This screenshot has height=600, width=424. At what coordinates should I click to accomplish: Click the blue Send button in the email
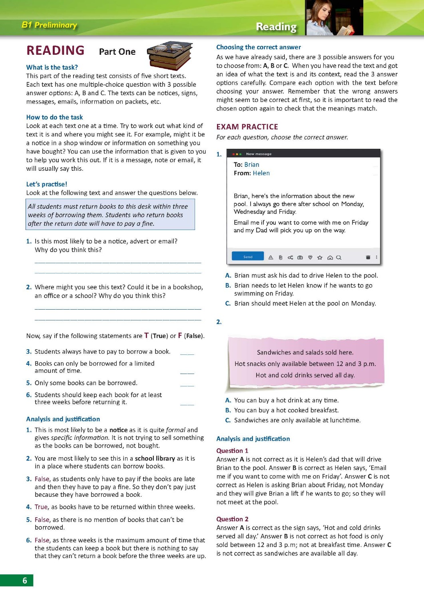248,256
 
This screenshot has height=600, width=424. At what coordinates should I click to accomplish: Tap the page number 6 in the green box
25,580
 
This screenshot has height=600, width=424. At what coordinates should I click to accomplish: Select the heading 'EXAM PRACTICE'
247,127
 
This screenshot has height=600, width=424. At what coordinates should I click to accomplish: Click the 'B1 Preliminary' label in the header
49,25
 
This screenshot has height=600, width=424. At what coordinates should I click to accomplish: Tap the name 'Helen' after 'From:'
261,173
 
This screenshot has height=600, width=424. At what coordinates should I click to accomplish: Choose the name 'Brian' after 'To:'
252,165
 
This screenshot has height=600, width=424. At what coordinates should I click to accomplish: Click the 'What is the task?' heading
52,67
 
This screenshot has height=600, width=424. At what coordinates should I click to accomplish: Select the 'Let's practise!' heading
47,184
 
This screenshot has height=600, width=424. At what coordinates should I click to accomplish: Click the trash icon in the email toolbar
368,257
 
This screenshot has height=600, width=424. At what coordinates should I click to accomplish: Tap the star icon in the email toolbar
320,258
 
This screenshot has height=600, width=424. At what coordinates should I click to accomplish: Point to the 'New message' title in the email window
259,154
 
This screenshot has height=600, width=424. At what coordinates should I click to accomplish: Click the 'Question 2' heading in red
232,519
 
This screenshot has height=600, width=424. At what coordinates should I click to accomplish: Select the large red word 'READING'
56,50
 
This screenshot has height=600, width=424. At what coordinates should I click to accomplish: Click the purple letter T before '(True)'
146,336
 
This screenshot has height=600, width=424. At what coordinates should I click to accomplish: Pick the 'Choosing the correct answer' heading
259,47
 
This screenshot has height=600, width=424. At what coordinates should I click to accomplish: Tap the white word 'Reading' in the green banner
276,26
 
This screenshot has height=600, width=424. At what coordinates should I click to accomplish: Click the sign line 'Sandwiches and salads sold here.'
305,352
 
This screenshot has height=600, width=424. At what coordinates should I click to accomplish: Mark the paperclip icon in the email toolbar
281,258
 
